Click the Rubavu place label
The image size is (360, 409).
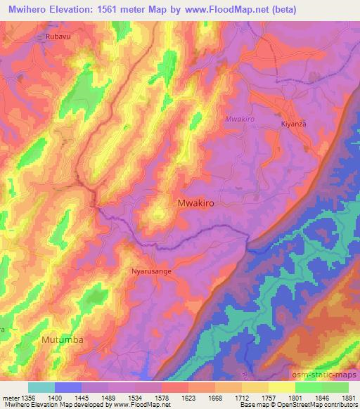coord(59,36)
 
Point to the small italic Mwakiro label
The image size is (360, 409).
coord(238,119)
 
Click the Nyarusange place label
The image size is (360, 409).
coord(151,270)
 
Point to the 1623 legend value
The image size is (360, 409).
coord(187,397)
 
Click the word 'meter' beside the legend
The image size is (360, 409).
coord(10,397)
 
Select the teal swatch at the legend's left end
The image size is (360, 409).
coord(41,387)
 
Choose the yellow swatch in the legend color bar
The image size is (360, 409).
coord(281,387)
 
